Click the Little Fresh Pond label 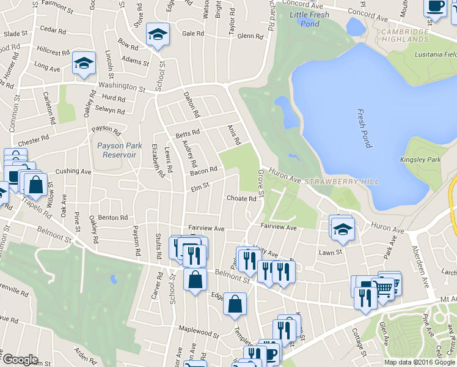pos(309,19)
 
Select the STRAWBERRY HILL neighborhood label pos(342,182)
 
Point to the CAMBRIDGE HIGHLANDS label pos(404,35)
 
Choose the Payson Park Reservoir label pos(117,150)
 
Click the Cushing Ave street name pos(73,172)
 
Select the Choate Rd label pos(241,198)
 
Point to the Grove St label pos(260,183)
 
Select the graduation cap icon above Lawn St pos(343,229)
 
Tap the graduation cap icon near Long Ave pos(84,63)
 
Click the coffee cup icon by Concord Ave pos(435,6)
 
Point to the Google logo pos(20,360)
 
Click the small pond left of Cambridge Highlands pos(355,26)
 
